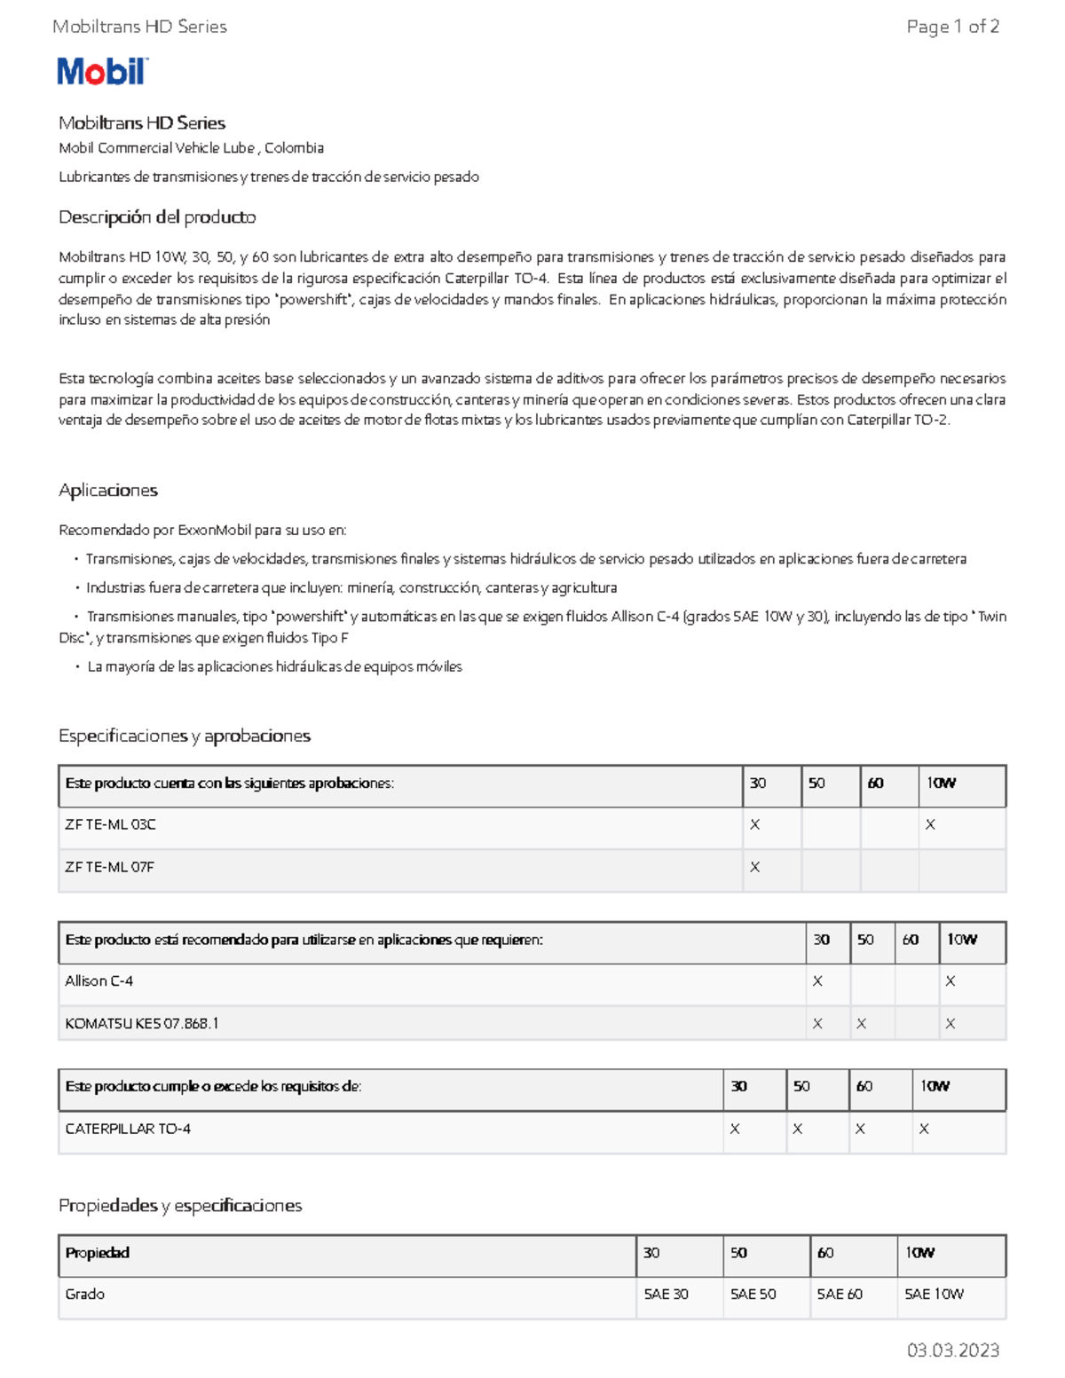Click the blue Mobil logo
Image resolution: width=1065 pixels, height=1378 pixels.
coord(102,71)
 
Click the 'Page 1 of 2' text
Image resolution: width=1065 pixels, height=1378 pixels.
coord(952,27)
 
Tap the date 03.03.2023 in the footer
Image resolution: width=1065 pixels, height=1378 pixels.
coord(952,1350)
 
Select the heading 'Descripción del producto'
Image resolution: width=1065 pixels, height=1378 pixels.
coord(157,217)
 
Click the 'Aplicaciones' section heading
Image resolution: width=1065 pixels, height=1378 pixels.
coord(108,491)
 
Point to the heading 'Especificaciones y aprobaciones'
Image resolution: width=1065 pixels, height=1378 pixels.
coord(185,736)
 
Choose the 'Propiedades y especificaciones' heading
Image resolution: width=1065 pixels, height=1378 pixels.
coord(180,1205)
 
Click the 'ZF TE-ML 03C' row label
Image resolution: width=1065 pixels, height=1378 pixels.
coord(110,824)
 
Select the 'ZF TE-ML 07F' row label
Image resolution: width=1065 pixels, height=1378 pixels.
coord(109,867)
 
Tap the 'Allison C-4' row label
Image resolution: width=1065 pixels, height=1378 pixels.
coord(99,980)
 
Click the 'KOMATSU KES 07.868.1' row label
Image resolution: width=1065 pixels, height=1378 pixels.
coord(142,1023)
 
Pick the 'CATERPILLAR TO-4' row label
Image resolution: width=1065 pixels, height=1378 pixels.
coord(128,1129)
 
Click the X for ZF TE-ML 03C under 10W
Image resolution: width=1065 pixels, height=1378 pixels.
coord(930,824)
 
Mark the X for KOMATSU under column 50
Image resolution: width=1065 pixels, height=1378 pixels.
coord(861,1023)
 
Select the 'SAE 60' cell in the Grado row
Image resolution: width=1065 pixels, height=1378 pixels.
coord(840,1294)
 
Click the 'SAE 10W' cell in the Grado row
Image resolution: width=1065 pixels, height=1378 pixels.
coord(934,1294)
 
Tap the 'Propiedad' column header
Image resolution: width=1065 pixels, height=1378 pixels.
coord(98,1252)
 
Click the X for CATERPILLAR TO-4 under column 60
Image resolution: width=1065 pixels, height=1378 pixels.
coord(860,1129)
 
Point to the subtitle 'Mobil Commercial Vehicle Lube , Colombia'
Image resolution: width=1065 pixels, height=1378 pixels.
coord(191,148)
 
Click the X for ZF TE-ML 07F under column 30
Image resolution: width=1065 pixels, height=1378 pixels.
coord(755,867)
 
